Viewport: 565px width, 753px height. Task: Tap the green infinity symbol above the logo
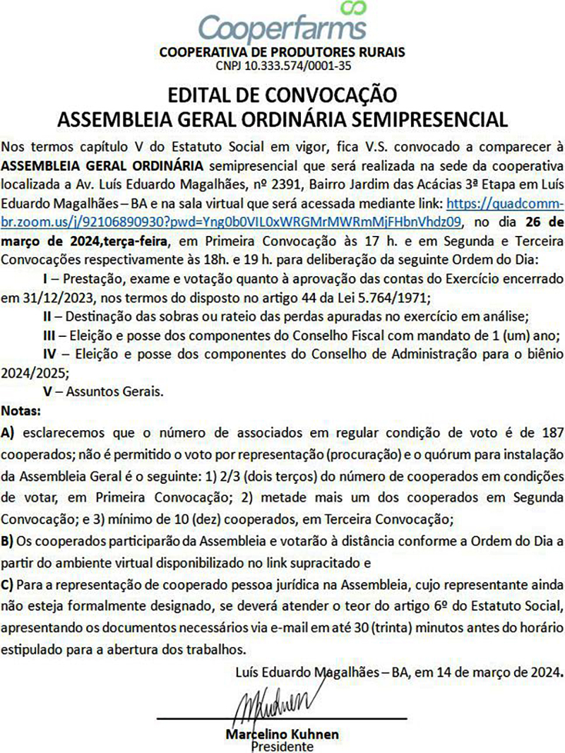(352, 8)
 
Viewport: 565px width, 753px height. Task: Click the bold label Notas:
(22, 410)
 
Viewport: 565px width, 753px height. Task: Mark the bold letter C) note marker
(9, 584)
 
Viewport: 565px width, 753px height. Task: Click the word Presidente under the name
(282, 745)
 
